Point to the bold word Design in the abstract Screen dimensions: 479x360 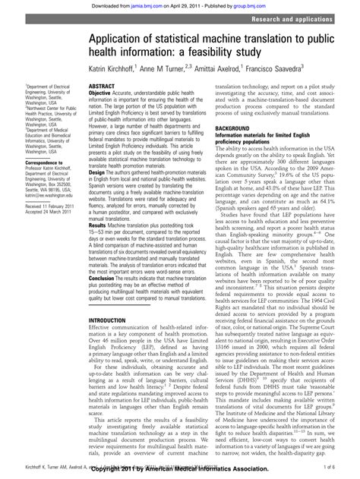(99, 172)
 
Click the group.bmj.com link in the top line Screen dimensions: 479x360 (251, 5)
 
